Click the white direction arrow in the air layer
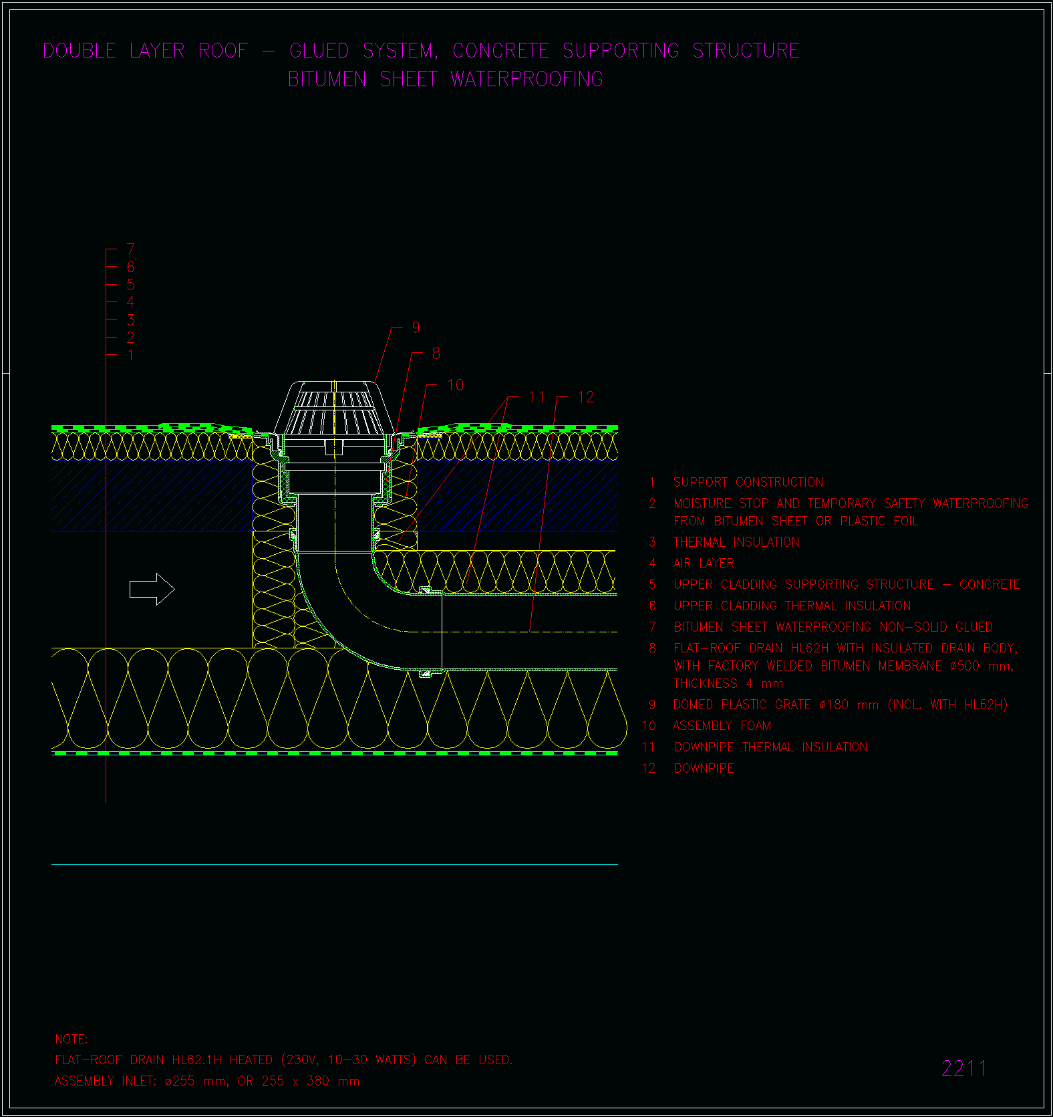click(x=152, y=589)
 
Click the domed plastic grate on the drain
click(x=333, y=408)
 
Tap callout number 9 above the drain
click(x=416, y=327)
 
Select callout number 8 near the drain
click(x=436, y=354)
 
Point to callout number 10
click(x=456, y=385)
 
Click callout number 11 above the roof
click(x=537, y=397)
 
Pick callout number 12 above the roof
click(x=586, y=397)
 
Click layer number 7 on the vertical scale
click(x=131, y=249)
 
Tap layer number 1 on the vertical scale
click(x=131, y=355)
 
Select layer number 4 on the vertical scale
click(x=131, y=302)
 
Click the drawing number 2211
click(x=964, y=1068)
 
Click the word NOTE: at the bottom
click(x=71, y=1039)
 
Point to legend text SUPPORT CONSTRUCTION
click(x=748, y=482)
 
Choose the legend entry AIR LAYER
click(x=704, y=564)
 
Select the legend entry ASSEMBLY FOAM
click(x=722, y=725)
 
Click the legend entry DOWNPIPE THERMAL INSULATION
click(x=771, y=747)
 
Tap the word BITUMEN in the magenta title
click(x=327, y=79)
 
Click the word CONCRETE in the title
click(x=500, y=50)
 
